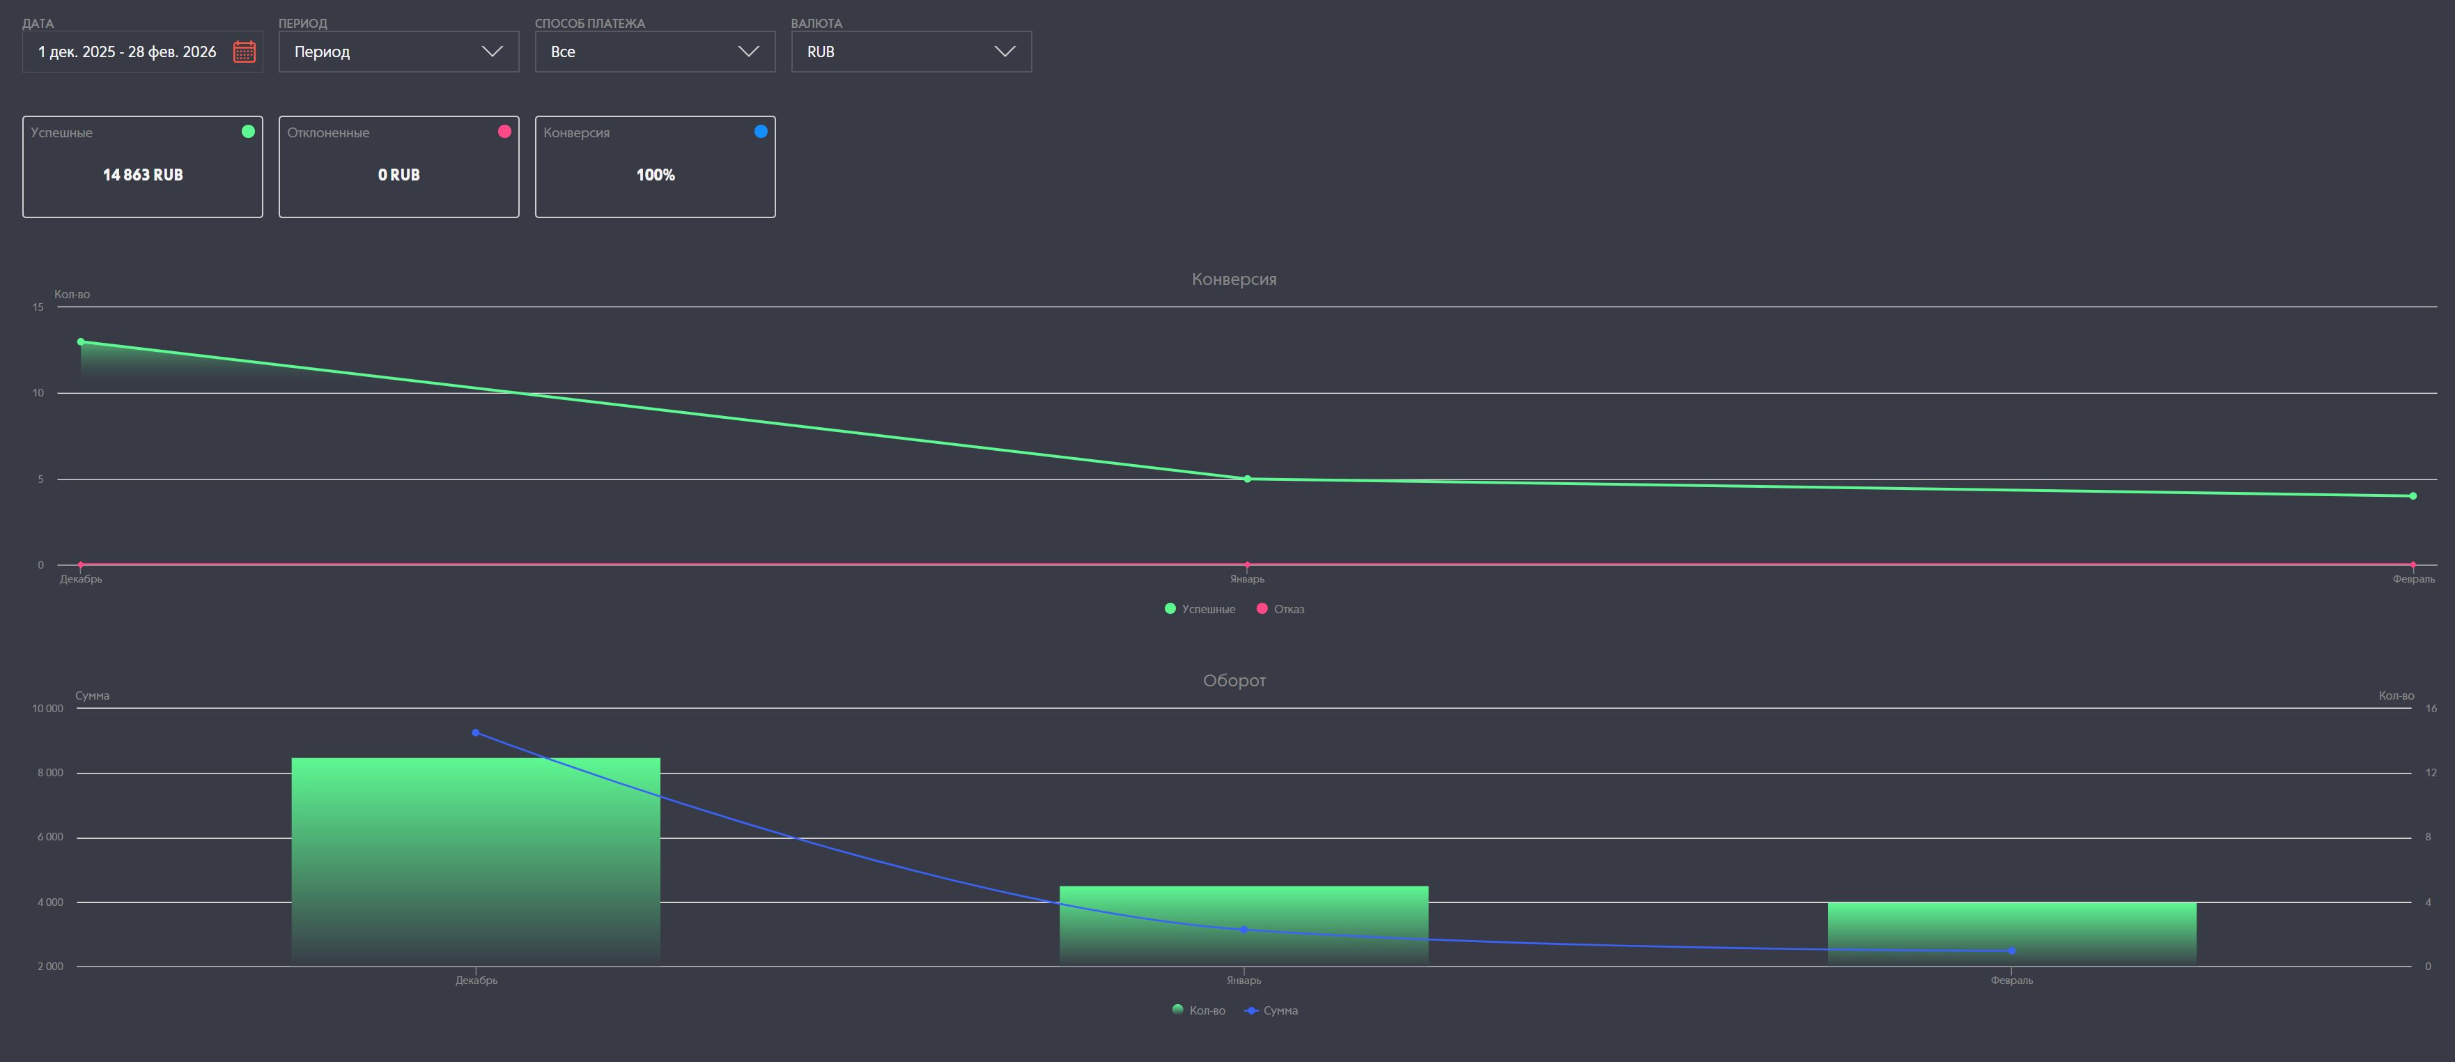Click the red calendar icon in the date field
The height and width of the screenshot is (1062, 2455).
point(244,52)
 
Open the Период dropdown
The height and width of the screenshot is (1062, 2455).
point(398,52)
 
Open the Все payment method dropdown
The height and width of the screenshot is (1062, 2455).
point(655,52)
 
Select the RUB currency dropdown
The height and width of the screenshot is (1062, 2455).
point(911,52)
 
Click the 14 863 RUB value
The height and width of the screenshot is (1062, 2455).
point(143,174)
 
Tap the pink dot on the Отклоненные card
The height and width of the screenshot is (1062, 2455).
point(504,132)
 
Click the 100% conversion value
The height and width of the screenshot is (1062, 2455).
point(656,174)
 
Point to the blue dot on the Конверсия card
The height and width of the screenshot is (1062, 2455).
point(761,132)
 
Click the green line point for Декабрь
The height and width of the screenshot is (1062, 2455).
point(81,341)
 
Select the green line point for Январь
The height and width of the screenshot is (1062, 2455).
point(1248,479)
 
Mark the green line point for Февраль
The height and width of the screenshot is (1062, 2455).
point(2413,495)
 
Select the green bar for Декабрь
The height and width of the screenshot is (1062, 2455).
point(476,858)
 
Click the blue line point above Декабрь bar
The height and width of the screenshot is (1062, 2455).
point(476,732)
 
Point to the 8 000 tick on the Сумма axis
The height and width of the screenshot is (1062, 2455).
point(51,773)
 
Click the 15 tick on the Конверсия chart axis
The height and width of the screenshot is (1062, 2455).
point(38,307)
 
